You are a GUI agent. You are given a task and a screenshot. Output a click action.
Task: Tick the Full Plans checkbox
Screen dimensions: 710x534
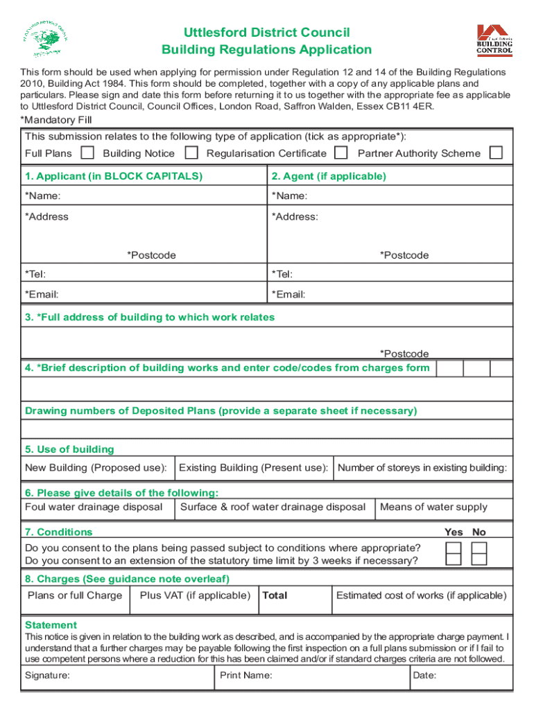click(87, 153)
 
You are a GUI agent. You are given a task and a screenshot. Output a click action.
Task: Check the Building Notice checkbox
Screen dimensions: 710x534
click(192, 153)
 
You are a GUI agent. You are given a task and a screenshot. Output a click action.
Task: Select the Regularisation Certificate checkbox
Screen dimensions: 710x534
click(341, 153)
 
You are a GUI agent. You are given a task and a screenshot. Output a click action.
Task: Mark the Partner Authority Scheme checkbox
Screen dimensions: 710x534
click(496, 153)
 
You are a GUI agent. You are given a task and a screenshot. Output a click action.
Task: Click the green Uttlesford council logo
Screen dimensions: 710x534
click(45, 41)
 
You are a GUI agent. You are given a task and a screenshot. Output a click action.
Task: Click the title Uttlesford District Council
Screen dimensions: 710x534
click(266, 33)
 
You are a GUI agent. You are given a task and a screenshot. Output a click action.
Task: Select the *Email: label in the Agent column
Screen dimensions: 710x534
click(288, 295)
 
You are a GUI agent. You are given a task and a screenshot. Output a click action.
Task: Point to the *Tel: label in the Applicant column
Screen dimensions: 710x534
click(35, 275)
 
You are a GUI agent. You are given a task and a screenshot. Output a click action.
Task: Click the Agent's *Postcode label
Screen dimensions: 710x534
click(404, 255)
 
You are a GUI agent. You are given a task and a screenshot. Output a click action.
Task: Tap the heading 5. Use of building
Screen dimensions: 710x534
click(69, 449)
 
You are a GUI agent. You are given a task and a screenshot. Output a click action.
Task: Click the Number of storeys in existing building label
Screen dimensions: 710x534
click(422, 468)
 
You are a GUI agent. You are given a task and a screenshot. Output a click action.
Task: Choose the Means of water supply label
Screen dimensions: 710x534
click(433, 507)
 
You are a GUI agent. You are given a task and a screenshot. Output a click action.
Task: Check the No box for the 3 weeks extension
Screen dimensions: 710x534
click(479, 560)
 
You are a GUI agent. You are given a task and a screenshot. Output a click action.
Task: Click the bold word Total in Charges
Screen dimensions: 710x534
click(275, 596)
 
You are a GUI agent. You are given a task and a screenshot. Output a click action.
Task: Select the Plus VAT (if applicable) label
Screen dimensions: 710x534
click(195, 596)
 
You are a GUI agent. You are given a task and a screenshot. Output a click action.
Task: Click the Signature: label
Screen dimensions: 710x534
click(47, 675)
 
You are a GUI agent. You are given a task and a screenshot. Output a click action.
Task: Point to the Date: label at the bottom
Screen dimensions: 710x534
click(424, 675)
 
